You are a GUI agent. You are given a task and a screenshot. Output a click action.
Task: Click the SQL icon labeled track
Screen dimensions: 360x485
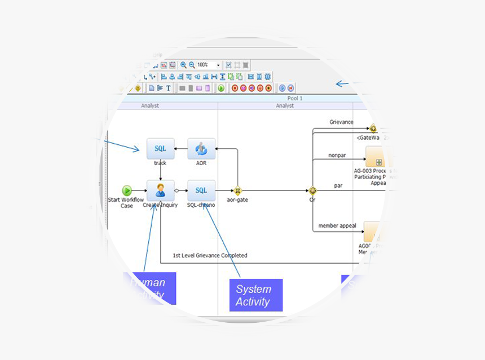click(x=160, y=149)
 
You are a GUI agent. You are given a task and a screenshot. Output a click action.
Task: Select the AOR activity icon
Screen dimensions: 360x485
click(x=201, y=149)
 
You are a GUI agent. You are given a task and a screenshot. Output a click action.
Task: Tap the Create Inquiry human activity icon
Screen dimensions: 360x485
click(x=160, y=190)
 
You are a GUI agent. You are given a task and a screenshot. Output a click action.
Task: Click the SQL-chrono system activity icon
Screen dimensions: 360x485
click(x=201, y=190)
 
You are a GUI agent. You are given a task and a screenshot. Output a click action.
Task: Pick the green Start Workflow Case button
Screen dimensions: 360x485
click(x=127, y=190)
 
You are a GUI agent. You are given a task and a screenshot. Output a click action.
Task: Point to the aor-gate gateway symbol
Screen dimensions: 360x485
click(x=237, y=191)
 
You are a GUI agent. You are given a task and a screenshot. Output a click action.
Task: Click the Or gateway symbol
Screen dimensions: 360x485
click(x=312, y=191)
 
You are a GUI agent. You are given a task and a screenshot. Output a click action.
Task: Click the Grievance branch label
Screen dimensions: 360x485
click(x=341, y=122)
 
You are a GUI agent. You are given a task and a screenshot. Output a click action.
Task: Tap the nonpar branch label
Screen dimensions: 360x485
click(x=337, y=155)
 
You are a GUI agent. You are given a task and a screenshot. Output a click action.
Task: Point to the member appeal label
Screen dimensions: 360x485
click(x=337, y=226)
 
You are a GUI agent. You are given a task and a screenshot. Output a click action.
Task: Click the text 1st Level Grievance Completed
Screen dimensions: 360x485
click(x=210, y=255)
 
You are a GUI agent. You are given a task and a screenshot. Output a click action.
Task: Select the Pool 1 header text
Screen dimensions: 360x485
click(x=295, y=98)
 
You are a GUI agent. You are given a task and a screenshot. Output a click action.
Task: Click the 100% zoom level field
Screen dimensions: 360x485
click(x=205, y=65)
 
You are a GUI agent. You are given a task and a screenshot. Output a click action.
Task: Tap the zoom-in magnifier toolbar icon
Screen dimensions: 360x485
click(x=184, y=65)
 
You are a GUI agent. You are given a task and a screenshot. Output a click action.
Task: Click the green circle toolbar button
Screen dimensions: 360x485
click(x=221, y=88)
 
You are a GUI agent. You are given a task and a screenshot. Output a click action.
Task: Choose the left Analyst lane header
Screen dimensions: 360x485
click(x=150, y=105)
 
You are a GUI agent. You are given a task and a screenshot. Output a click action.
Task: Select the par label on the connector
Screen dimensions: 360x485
click(x=338, y=185)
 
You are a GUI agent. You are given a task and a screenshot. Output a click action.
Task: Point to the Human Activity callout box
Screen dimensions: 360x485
click(x=149, y=288)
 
